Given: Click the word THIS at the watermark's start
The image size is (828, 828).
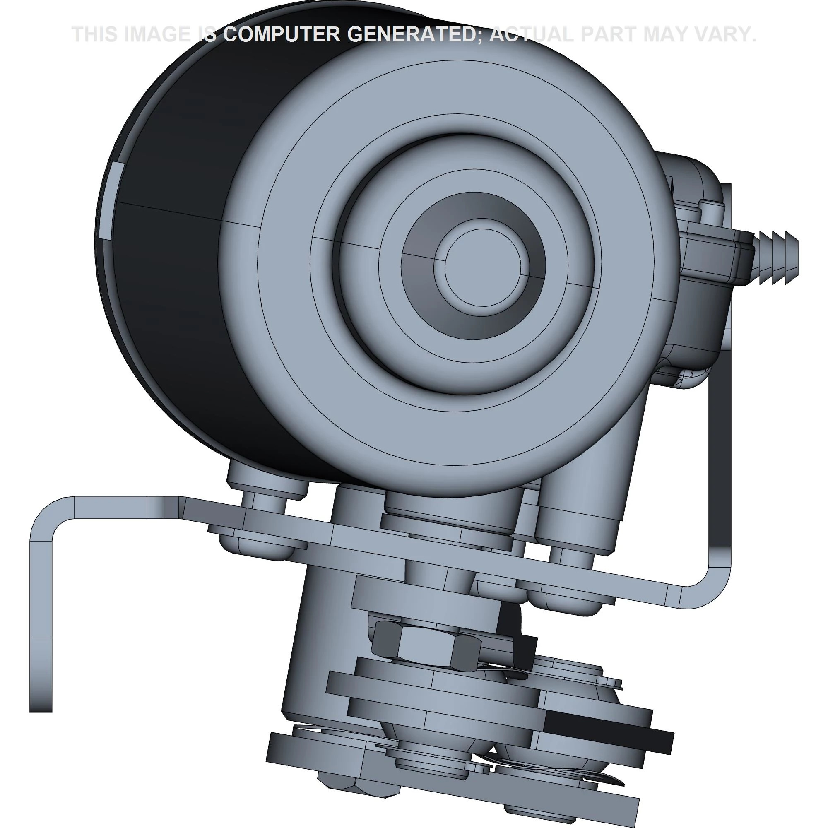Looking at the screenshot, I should click(96, 34).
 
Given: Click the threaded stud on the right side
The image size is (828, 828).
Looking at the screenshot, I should click(776, 257).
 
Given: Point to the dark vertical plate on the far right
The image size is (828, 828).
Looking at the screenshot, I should click(720, 472).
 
